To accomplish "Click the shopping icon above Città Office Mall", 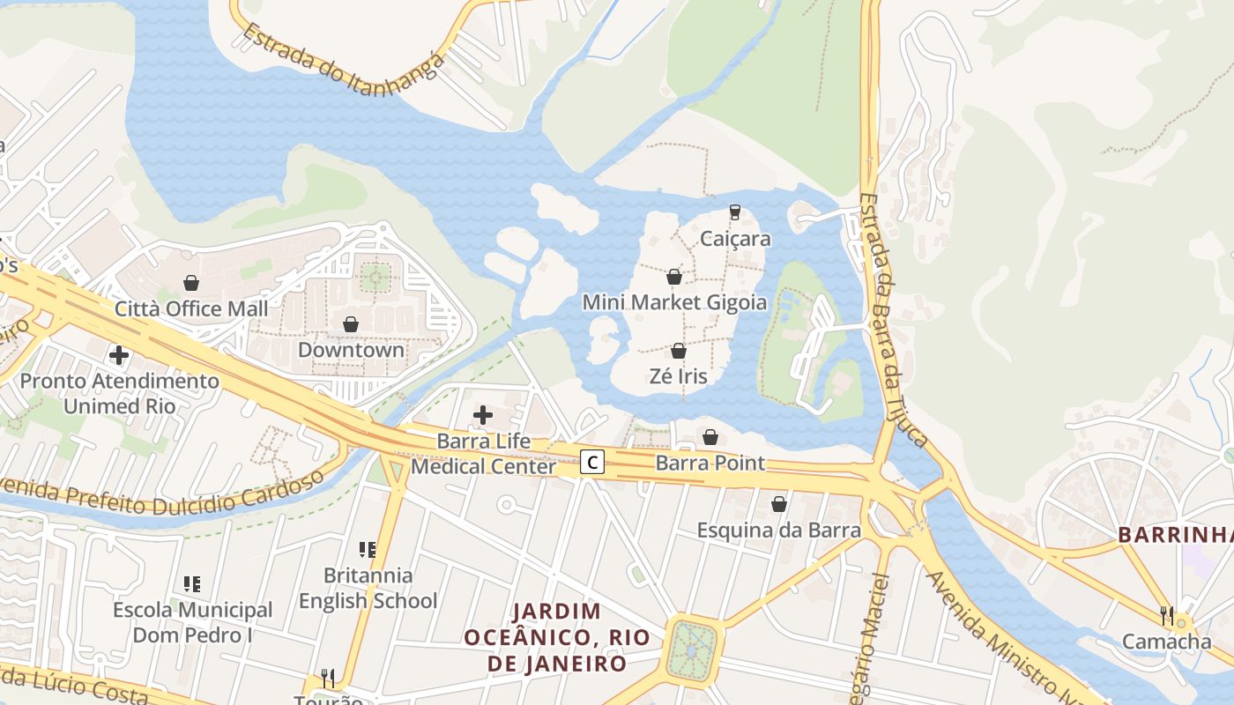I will (x=191, y=283).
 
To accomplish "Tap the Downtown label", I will (x=351, y=350).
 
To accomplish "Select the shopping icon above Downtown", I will (x=351, y=324).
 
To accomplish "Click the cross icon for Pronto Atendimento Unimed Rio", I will (x=119, y=355).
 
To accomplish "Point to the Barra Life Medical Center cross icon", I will (x=483, y=414).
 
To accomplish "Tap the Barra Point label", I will (x=710, y=464).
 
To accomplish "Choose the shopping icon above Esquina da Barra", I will (x=779, y=504).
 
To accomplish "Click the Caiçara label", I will (x=735, y=239).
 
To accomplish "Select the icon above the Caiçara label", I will (x=734, y=212).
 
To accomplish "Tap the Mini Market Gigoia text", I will (x=674, y=303).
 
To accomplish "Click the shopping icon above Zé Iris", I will (x=678, y=351).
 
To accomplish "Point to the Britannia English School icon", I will (x=368, y=550).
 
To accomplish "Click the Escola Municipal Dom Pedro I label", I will (x=192, y=622).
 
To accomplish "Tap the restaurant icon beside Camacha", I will (x=1167, y=614).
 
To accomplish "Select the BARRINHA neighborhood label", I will (x=1175, y=535).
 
